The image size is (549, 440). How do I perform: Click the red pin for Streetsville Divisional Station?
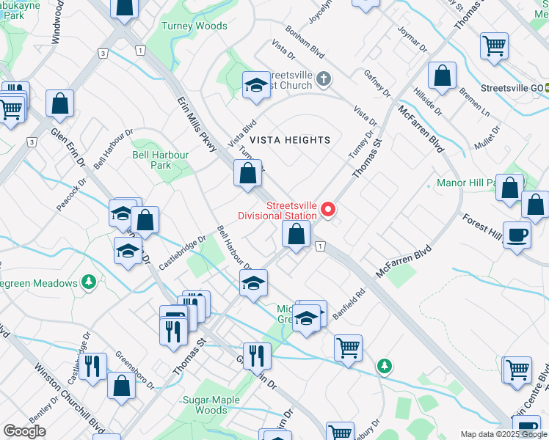[327, 210]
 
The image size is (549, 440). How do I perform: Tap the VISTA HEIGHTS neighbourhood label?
[289, 139]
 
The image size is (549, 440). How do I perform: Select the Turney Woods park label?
[194, 26]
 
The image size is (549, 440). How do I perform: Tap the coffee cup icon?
[517, 235]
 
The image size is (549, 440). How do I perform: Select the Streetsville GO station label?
[511, 87]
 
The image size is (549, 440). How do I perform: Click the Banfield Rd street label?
[348, 304]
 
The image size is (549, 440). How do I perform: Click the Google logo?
[24, 431]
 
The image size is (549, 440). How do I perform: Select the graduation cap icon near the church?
[257, 85]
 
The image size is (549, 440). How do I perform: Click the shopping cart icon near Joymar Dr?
[494, 45]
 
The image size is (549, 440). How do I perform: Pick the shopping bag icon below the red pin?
[297, 235]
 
